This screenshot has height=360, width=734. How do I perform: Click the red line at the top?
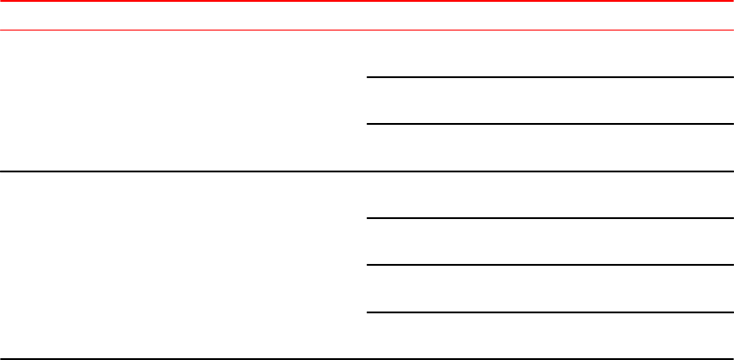point(367,2)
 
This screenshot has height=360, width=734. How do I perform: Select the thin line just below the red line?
point(367,31)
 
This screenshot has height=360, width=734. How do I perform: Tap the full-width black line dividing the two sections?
point(367,171)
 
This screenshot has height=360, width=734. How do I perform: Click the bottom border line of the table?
point(367,358)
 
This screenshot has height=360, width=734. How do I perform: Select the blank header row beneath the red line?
point(367,16)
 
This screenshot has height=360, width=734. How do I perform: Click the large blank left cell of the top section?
point(183,101)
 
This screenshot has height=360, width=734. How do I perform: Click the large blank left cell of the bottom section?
point(183,265)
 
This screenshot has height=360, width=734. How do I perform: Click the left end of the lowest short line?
point(370,312)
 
